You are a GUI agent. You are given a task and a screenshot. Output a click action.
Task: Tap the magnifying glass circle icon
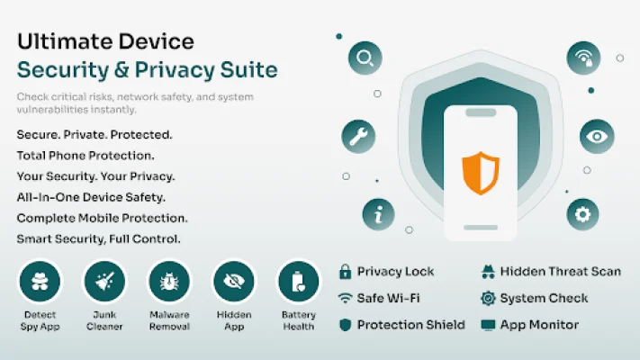(365, 59)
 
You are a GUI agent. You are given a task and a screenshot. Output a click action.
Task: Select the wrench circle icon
(358, 136)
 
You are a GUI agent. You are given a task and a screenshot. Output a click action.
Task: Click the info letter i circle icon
(379, 213)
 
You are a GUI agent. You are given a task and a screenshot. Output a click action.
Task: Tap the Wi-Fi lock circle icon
(583, 58)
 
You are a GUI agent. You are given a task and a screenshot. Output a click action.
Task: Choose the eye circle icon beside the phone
(596, 136)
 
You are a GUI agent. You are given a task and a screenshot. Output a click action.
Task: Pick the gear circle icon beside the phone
(582, 213)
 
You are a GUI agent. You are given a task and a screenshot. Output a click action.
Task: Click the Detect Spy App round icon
(40, 282)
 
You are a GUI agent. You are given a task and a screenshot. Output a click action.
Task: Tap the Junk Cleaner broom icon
(105, 282)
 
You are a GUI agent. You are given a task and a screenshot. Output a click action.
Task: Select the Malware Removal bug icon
(170, 282)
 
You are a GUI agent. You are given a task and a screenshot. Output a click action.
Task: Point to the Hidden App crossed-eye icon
(234, 282)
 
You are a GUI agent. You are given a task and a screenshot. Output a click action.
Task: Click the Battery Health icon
(298, 282)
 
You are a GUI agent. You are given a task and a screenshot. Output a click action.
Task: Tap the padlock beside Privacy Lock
(345, 272)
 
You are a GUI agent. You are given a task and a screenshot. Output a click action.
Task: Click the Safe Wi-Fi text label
(388, 298)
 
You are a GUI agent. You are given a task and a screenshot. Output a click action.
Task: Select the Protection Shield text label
(410, 324)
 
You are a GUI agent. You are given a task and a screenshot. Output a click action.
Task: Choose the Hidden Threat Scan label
(560, 272)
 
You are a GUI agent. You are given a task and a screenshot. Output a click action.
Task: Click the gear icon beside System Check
(488, 298)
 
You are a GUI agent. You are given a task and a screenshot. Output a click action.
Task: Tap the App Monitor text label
(539, 324)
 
